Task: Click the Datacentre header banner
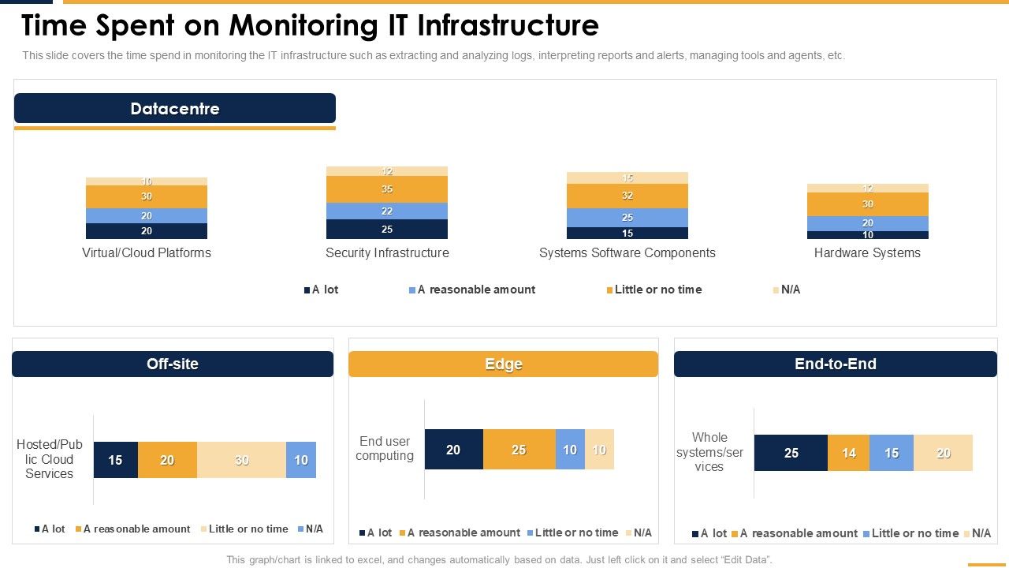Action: point(175,108)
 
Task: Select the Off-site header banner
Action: point(173,364)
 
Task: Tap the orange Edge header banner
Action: point(503,364)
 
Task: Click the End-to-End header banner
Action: point(835,364)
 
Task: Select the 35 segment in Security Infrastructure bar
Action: point(387,189)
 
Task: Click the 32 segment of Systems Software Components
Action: point(627,196)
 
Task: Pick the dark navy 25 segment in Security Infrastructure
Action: point(387,229)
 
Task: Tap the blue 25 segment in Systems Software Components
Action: point(627,217)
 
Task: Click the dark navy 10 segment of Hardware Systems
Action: point(867,235)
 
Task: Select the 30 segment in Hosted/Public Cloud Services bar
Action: point(241,460)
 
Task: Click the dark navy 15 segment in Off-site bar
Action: point(115,460)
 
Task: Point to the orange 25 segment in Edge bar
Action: point(519,450)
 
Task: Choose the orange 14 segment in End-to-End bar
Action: point(848,453)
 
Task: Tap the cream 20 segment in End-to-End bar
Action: point(943,453)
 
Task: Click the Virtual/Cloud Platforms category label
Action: point(147,253)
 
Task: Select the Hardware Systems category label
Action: point(867,253)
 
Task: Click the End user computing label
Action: point(385,448)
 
